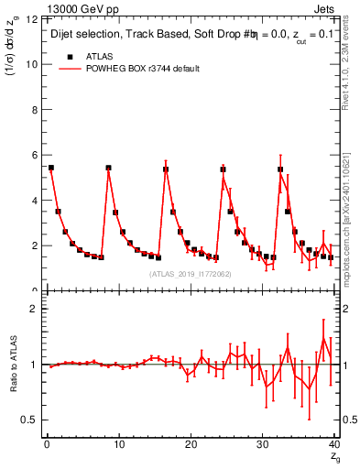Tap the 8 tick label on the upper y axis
coord(34,110)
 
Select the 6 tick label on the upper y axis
coord(34,156)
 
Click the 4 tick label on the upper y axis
coord(34,201)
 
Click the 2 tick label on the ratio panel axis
coord(34,309)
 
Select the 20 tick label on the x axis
coord(189,445)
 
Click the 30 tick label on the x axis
coord(261,445)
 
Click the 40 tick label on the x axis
coord(333,445)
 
